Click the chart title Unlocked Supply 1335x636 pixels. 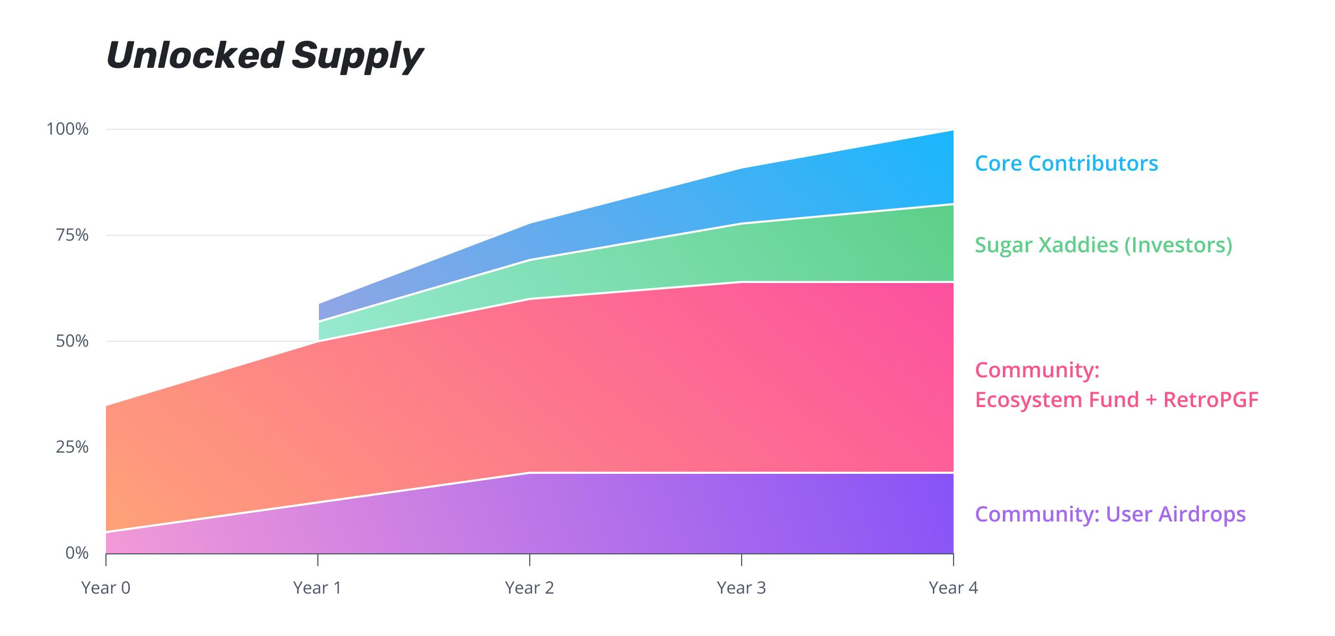[x=265, y=56]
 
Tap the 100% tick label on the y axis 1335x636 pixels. [x=67, y=129]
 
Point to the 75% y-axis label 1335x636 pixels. [x=72, y=235]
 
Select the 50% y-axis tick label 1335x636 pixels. [x=72, y=341]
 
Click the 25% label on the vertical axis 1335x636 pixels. [x=72, y=447]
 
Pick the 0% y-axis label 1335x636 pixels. [x=77, y=553]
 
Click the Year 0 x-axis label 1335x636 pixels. [x=106, y=588]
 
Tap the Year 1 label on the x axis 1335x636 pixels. [x=317, y=588]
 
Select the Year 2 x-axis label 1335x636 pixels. [x=529, y=588]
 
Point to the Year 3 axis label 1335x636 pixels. [x=741, y=588]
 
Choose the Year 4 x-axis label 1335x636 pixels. [x=953, y=588]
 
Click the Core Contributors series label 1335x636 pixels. [x=1066, y=163]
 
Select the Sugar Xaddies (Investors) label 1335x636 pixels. [x=1103, y=245]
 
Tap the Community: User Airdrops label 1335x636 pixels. [x=1110, y=514]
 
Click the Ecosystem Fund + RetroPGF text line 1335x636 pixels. [x=1117, y=400]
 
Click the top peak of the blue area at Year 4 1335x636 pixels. [x=953, y=131]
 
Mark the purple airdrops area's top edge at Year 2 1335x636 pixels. [x=530, y=473]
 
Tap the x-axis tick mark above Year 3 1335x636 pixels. [x=742, y=560]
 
